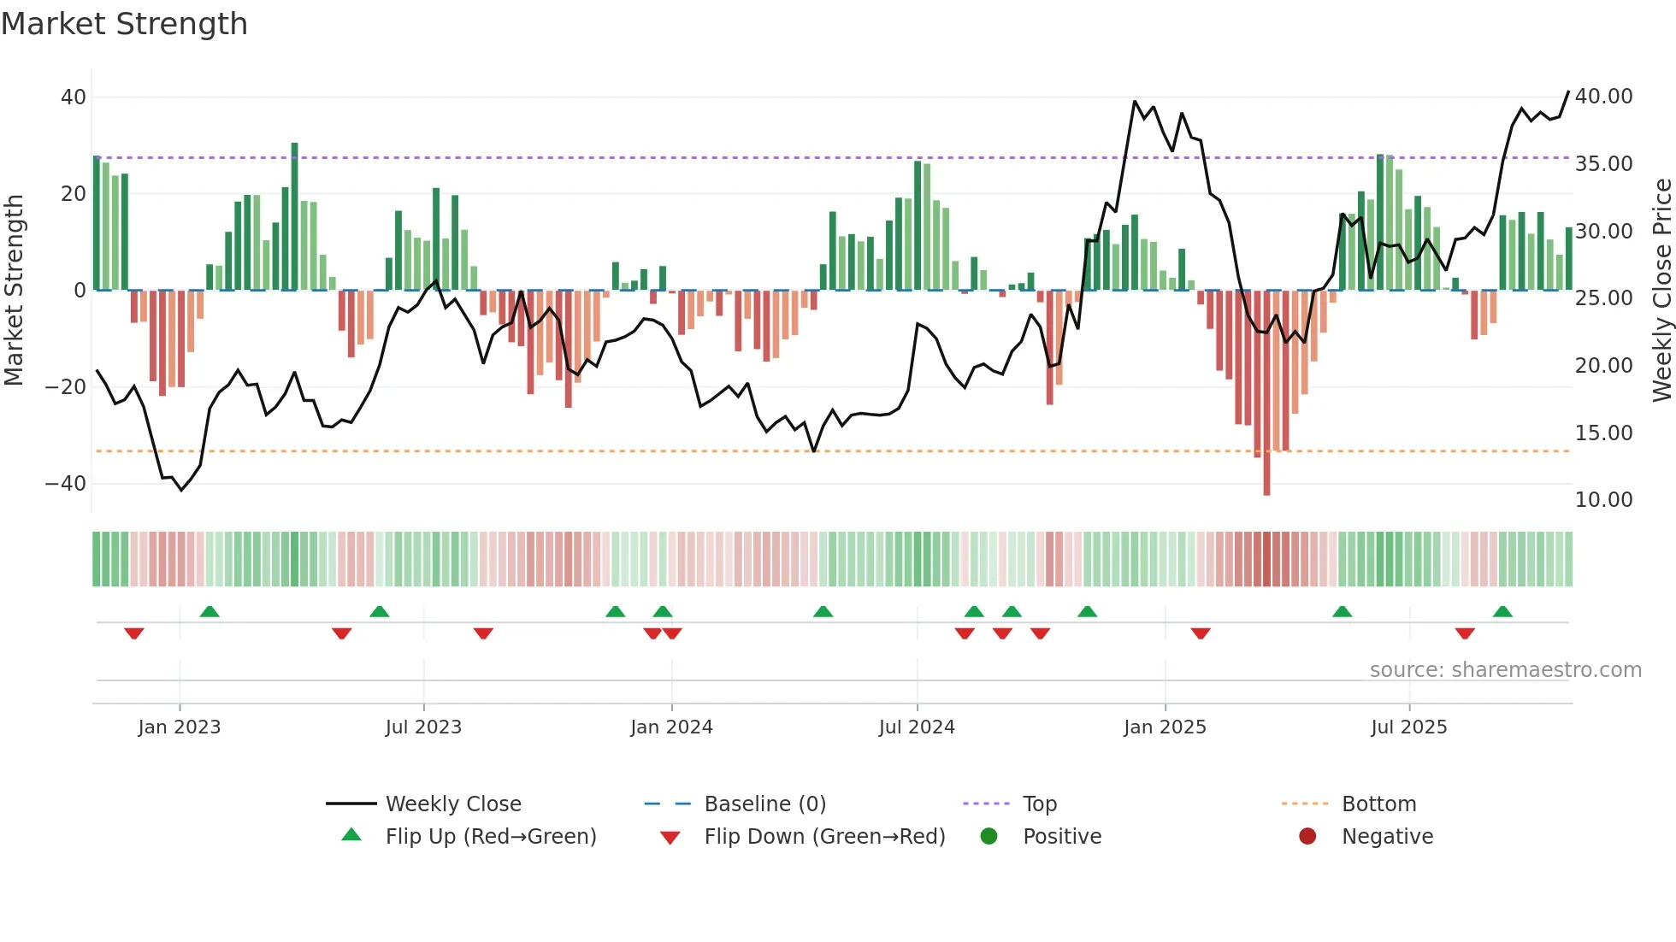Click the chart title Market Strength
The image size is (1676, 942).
click(x=124, y=24)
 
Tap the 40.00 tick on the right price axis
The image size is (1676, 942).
click(x=1603, y=97)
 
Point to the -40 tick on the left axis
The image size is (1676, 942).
click(x=66, y=484)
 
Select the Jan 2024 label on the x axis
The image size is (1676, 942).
click(x=671, y=727)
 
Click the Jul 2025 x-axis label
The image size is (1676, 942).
click(x=1408, y=727)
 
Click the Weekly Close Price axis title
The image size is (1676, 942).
click(x=1661, y=291)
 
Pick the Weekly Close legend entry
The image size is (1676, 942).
click(x=452, y=804)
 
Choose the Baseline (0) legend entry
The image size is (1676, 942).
click(x=764, y=804)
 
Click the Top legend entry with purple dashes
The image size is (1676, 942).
click(x=1039, y=804)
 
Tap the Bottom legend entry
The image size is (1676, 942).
click(x=1378, y=804)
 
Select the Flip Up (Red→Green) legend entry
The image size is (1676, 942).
click(x=490, y=837)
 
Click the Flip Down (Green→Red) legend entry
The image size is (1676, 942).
click(x=824, y=837)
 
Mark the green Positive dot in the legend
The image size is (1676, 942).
click(x=989, y=837)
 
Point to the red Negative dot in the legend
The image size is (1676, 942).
click(x=1307, y=837)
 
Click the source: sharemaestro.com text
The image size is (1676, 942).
click(x=1505, y=670)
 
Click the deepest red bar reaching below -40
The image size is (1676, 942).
click(x=1266, y=393)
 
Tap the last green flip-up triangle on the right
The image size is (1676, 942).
click(x=1502, y=611)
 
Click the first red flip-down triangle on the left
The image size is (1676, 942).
click(x=133, y=633)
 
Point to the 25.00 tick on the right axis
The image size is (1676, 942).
click(x=1603, y=298)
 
